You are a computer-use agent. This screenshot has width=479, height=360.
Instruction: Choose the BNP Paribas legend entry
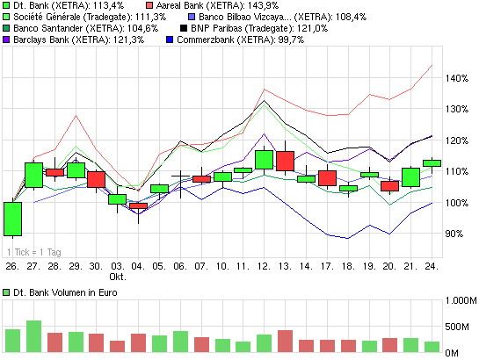click(x=240, y=28)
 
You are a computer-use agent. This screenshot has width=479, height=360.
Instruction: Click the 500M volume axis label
click(x=459, y=328)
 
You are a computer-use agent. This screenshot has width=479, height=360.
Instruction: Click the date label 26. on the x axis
click(x=11, y=264)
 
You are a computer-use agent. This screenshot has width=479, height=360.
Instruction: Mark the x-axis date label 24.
click(x=432, y=264)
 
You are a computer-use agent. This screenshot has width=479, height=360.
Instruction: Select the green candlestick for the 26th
click(x=12, y=219)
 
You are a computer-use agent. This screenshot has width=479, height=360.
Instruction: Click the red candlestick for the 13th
click(x=285, y=161)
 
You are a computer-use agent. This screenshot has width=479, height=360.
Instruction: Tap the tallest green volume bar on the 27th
click(x=33, y=336)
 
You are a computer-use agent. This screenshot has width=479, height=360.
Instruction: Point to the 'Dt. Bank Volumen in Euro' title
click(x=63, y=291)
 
